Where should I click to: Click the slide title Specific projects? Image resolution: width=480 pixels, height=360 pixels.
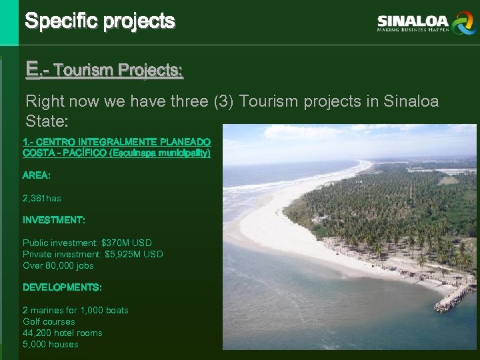[100, 21]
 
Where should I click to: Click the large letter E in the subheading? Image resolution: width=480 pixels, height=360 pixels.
[32, 68]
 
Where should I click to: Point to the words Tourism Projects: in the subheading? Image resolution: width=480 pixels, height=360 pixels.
[118, 69]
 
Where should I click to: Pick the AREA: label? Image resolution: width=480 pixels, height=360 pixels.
[37, 175]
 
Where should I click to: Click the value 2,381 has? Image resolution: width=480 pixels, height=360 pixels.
[41, 198]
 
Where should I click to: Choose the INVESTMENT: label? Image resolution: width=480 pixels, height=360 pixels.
[54, 220]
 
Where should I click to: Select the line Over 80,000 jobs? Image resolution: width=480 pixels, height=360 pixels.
[58, 265]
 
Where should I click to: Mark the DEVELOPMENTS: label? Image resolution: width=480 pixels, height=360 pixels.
[62, 287]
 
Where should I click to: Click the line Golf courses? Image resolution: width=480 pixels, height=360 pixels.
[49, 321]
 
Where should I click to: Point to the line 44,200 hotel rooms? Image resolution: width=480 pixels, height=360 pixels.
[63, 333]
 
